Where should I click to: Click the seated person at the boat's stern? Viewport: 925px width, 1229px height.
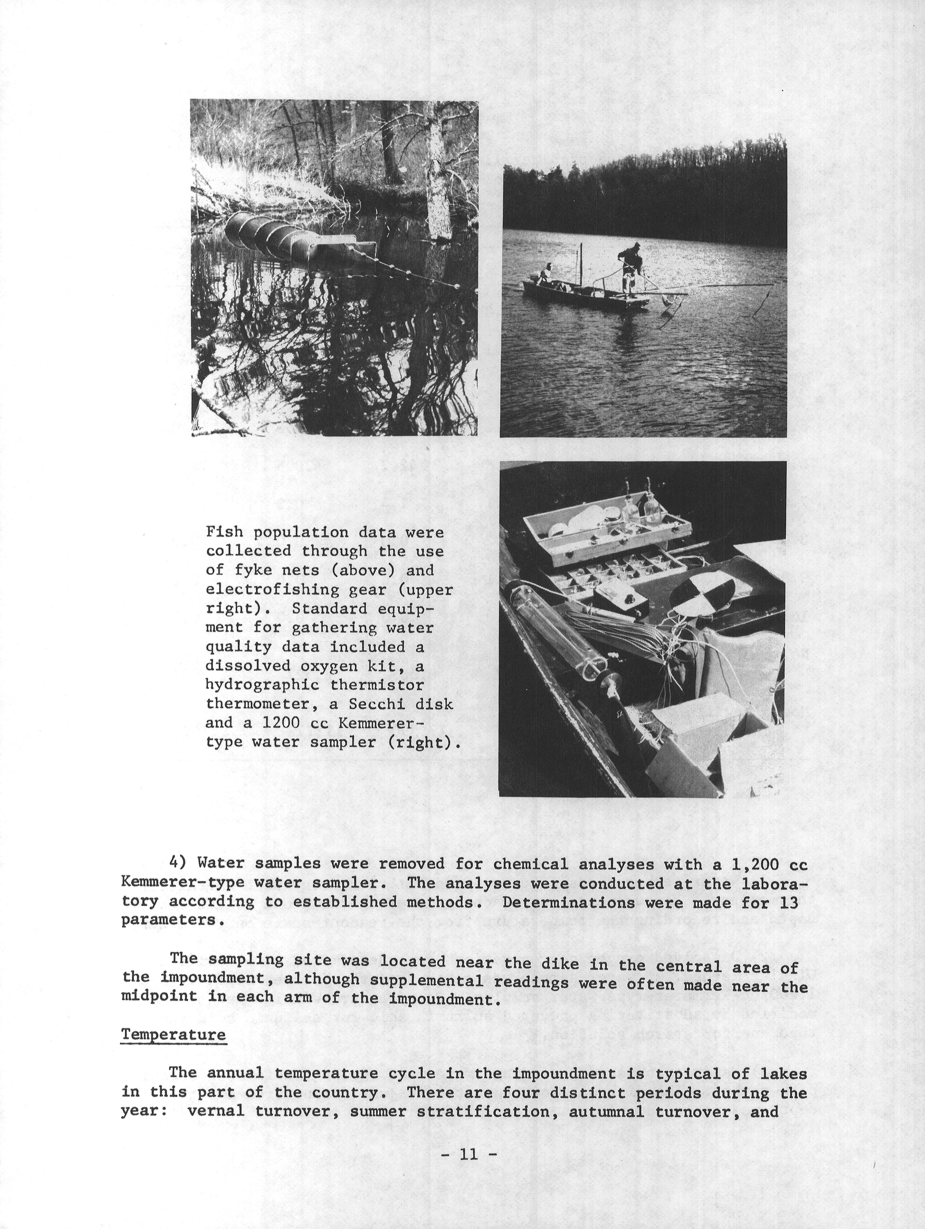(x=546, y=273)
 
